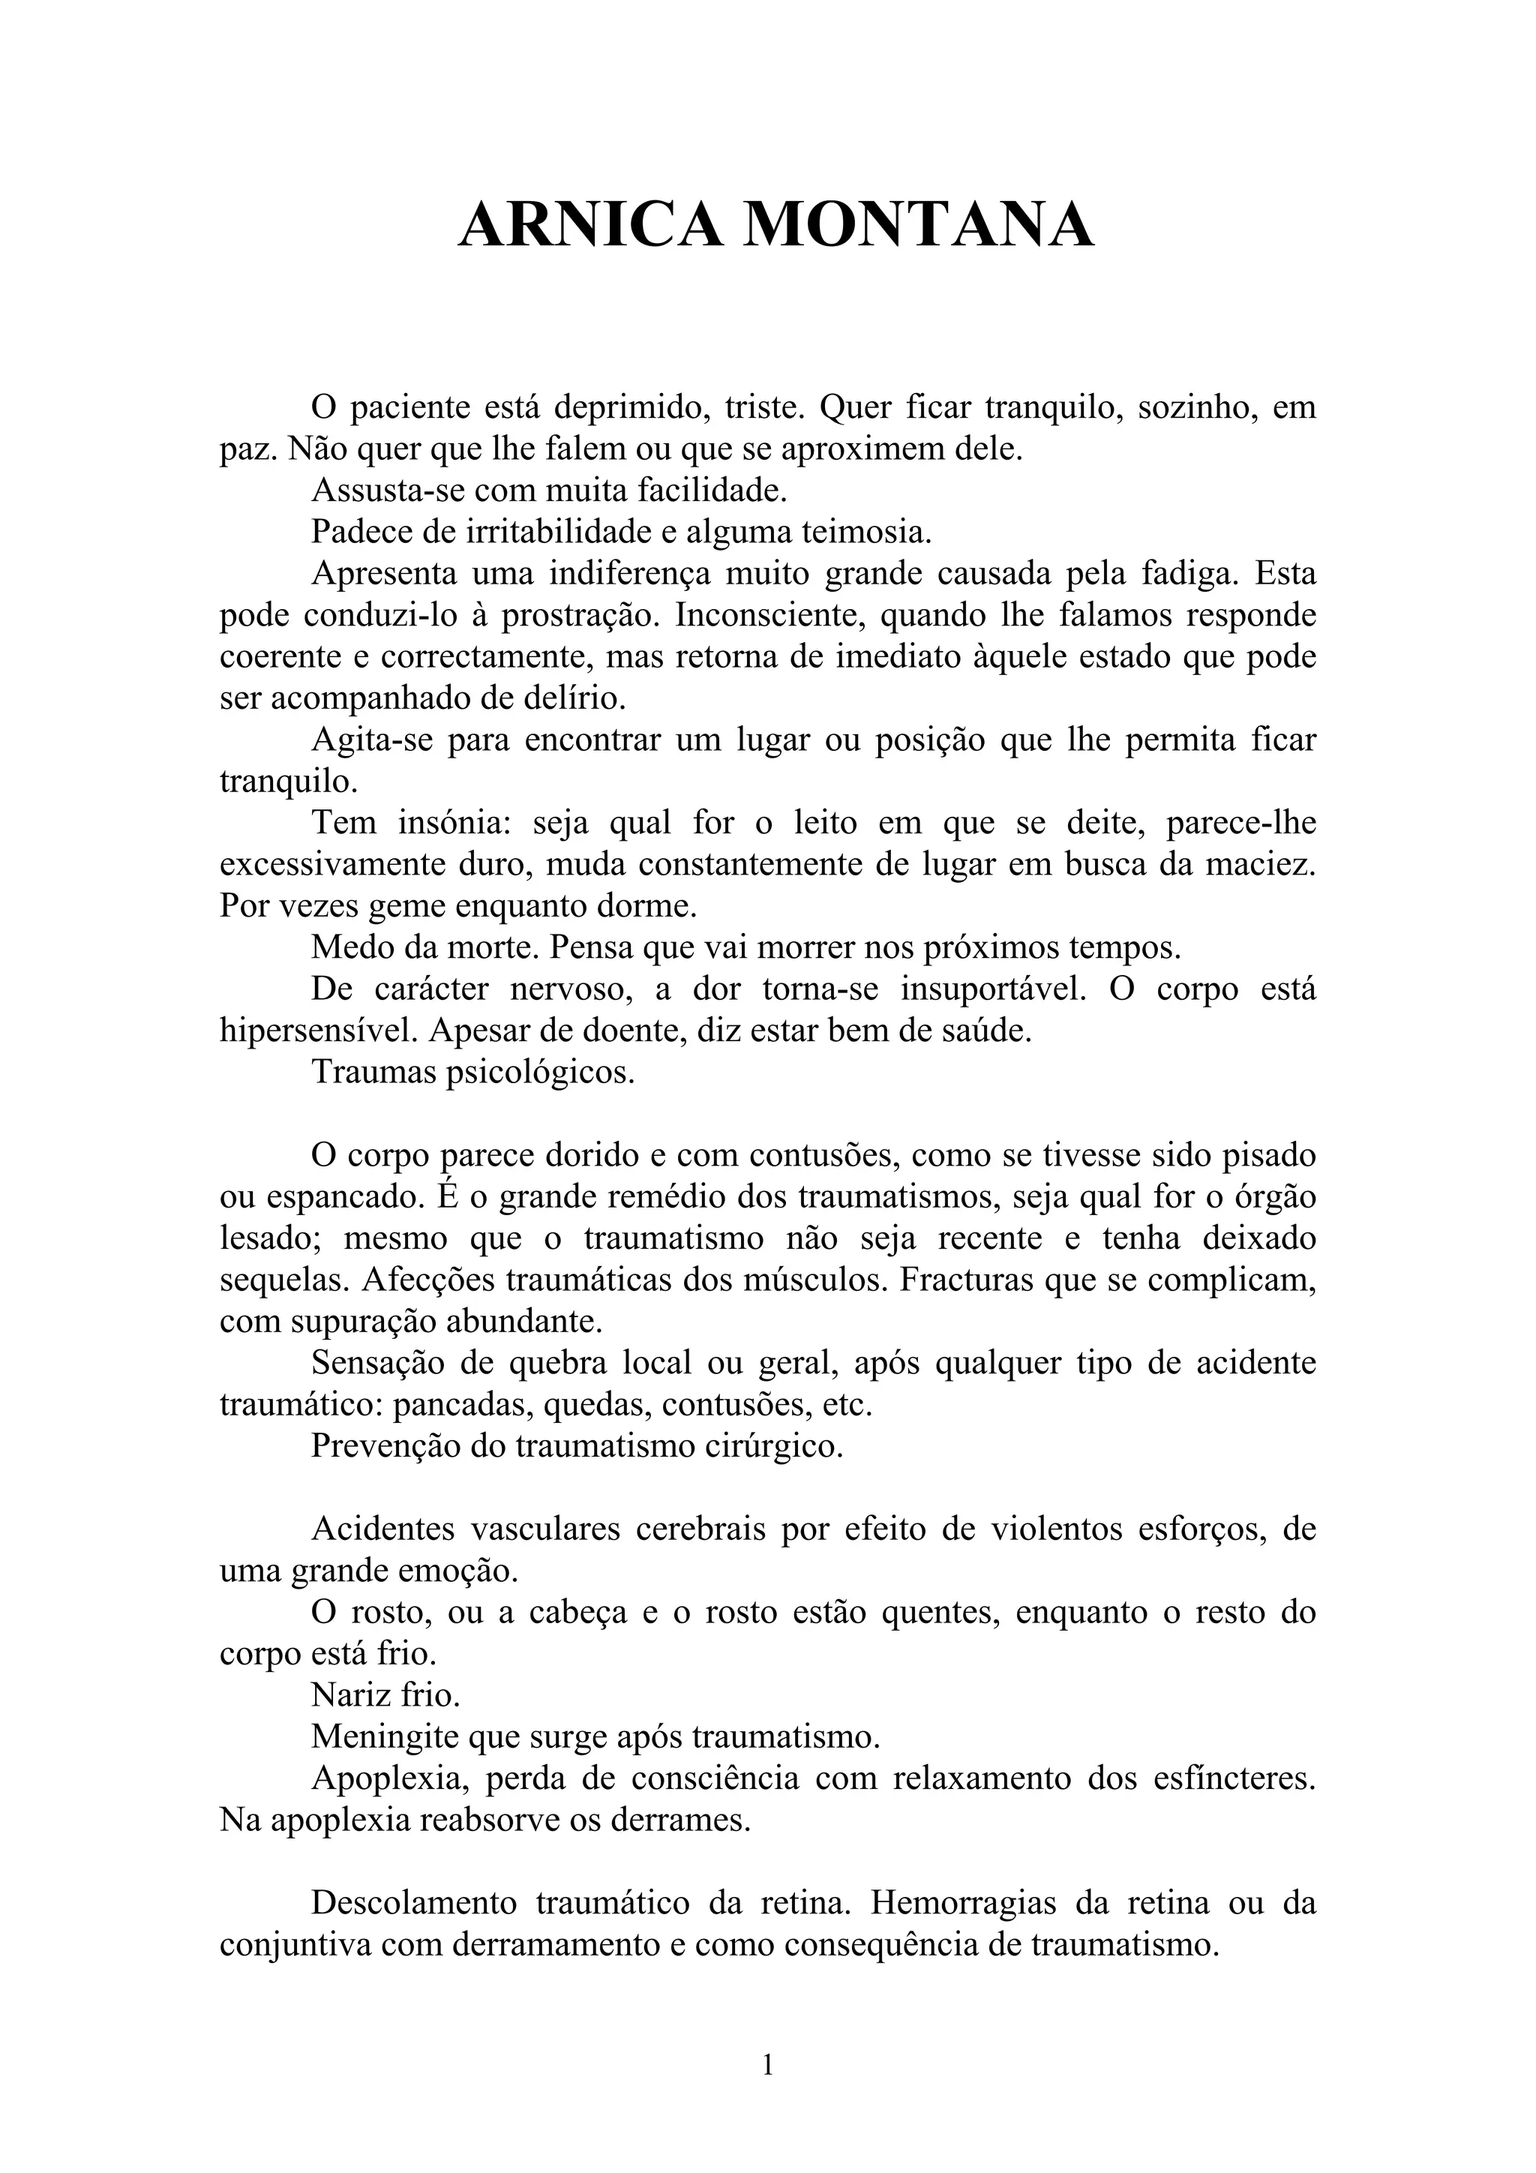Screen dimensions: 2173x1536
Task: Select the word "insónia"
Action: tap(452, 824)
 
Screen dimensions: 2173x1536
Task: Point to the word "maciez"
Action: tap(1264, 865)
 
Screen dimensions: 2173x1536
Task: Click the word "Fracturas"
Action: tap(964, 1280)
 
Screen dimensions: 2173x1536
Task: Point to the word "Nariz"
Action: tap(347, 1696)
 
